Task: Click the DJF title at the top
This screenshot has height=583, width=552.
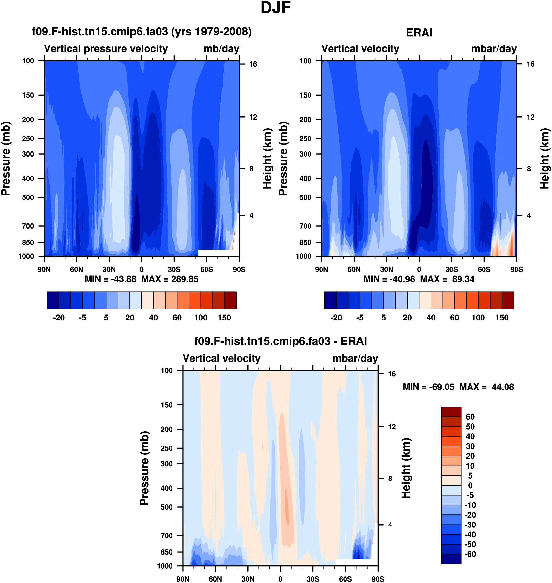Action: tap(276, 8)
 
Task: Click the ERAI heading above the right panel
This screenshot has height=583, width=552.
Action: tap(419, 33)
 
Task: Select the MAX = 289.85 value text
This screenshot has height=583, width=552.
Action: tap(170, 279)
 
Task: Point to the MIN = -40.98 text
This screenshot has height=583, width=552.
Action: tap(389, 279)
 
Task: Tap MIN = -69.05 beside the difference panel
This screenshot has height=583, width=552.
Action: tap(428, 387)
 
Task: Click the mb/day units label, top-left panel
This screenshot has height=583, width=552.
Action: tap(221, 49)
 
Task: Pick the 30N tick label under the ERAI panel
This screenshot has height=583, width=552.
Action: tap(386, 269)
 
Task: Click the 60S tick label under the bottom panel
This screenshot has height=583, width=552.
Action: tap(345, 579)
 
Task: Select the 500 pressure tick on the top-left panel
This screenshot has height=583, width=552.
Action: tap(28, 197)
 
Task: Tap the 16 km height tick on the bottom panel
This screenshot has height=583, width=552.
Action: tap(392, 374)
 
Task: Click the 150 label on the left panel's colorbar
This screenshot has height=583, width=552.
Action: tap(224, 318)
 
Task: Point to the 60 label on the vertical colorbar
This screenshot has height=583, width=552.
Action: tap(470, 417)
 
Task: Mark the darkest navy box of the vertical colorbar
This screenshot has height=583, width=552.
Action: tap(451, 559)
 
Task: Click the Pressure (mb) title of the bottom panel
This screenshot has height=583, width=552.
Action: tap(144, 468)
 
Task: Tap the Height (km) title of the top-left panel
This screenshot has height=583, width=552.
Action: tap(267, 159)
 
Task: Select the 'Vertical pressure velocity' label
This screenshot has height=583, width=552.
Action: tap(106, 49)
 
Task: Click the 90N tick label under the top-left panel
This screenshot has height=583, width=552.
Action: tap(44, 269)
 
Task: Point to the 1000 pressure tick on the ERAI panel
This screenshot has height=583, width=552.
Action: tap(303, 256)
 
